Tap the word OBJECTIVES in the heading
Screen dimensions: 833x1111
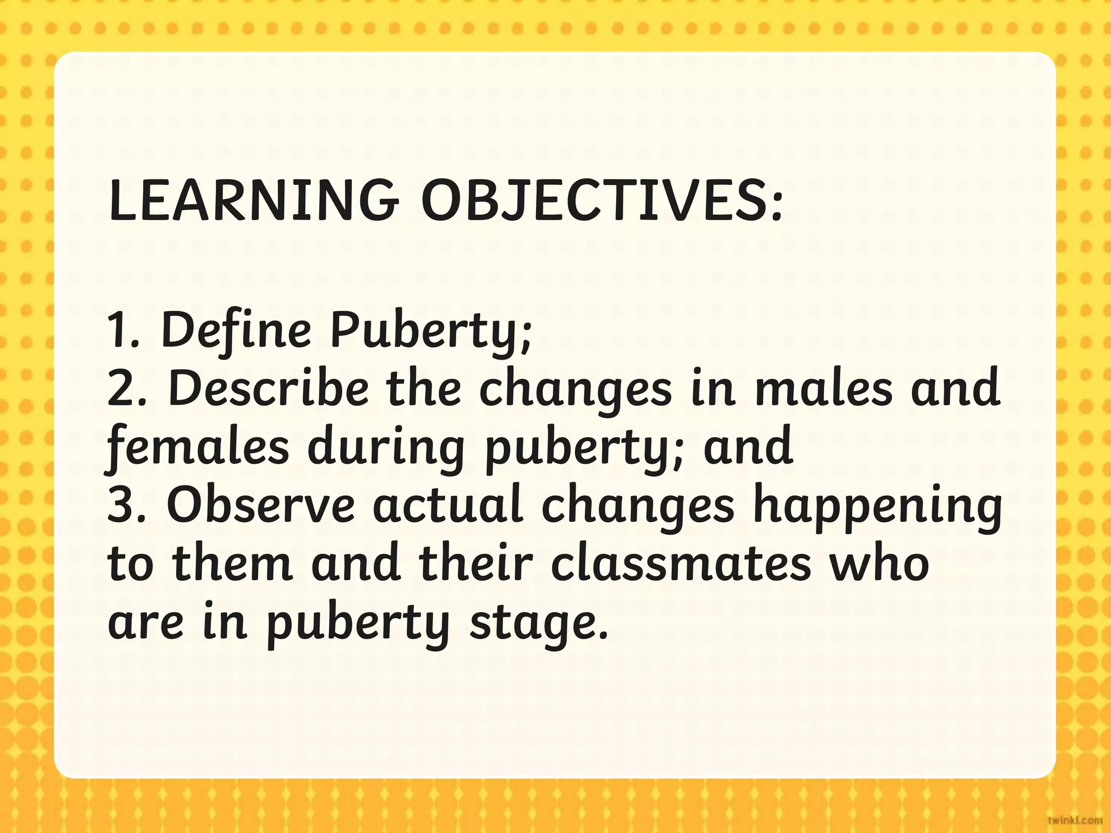point(602,201)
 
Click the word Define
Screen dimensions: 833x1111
point(237,330)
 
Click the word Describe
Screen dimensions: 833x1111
point(269,388)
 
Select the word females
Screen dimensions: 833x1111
point(198,447)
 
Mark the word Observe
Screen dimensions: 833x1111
point(260,504)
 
